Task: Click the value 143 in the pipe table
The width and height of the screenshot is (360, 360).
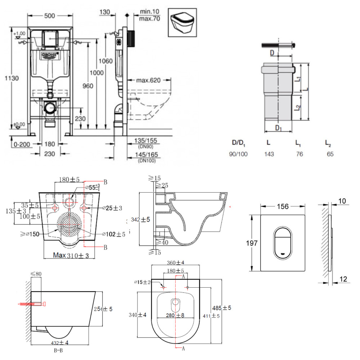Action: tap(269, 154)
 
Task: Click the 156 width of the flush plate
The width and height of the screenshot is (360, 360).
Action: tap(283, 206)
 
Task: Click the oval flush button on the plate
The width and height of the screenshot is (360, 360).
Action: tap(283, 243)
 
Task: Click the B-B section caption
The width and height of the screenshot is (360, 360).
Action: tap(58, 350)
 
